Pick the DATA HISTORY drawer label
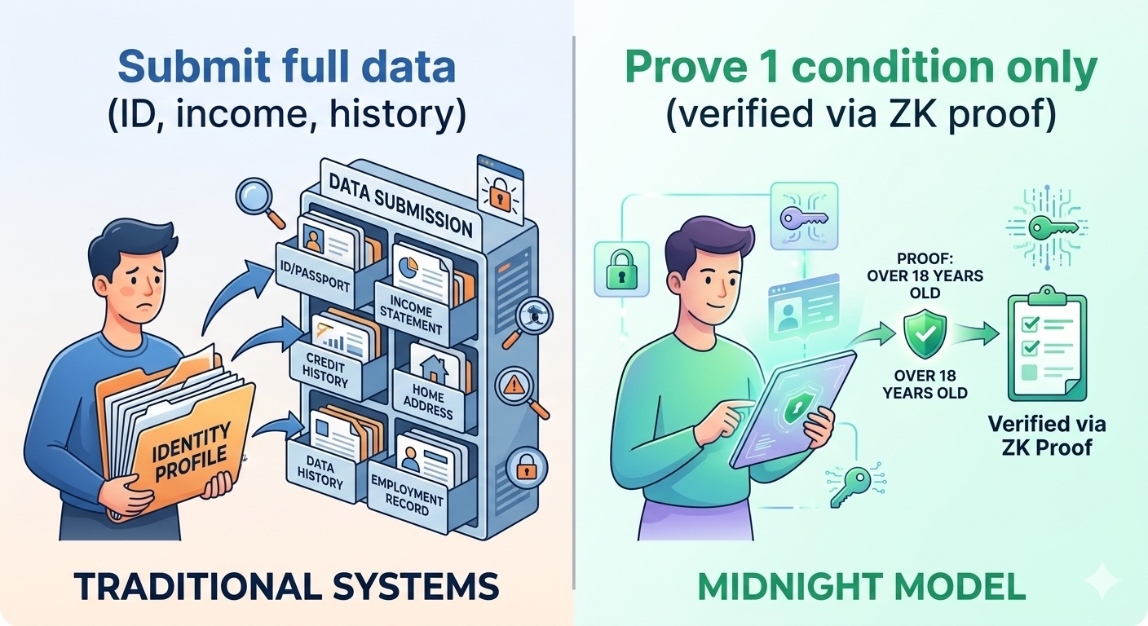pos(320,472)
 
